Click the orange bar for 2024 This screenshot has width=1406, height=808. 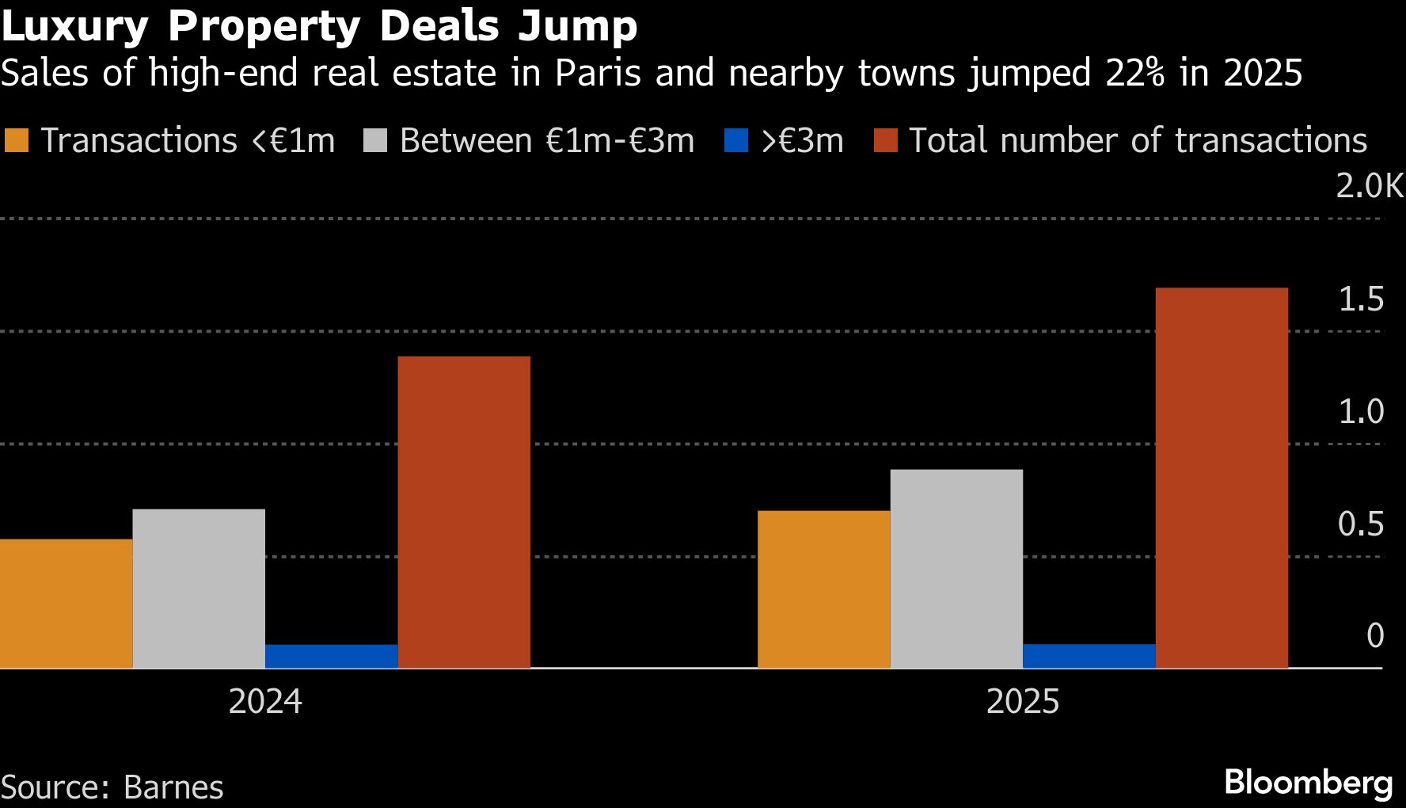click(66, 604)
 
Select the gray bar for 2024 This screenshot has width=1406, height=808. click(199, 589)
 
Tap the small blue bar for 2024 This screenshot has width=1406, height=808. click(331, 657)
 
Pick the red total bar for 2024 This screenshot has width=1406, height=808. click(464, 513)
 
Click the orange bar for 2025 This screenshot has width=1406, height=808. click(823, 589)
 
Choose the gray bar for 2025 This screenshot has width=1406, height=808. click(956, 569)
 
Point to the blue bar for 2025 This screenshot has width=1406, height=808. click(1089, 656)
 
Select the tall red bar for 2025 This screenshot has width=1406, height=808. click(1222, 478)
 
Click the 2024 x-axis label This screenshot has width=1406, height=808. click(265, 702)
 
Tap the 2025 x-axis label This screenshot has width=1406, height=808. click(1022, 702)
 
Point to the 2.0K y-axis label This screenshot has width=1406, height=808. click(1369, 186)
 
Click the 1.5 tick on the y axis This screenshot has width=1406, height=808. click(1361, 299)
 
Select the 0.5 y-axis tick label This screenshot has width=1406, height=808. click(1361, 524)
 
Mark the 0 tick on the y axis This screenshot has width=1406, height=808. click(1375, 635)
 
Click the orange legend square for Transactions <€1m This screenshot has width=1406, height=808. click(17, 141)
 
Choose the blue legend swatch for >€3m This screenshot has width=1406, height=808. click(736, 141)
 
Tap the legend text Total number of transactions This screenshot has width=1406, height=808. click(1138, 141)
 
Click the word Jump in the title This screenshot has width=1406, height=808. click(578, 25)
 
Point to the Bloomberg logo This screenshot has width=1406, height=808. click(1308, 783)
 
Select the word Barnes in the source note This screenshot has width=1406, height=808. click(173, 787)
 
